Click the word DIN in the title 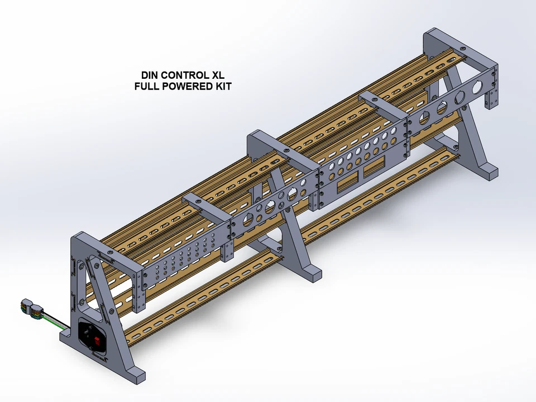point(149,75)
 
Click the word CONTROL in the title point(183,75)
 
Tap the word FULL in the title point(147,87)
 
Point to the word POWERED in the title point(186,87)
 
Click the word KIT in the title point(223,87)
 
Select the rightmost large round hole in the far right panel point(477,88)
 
